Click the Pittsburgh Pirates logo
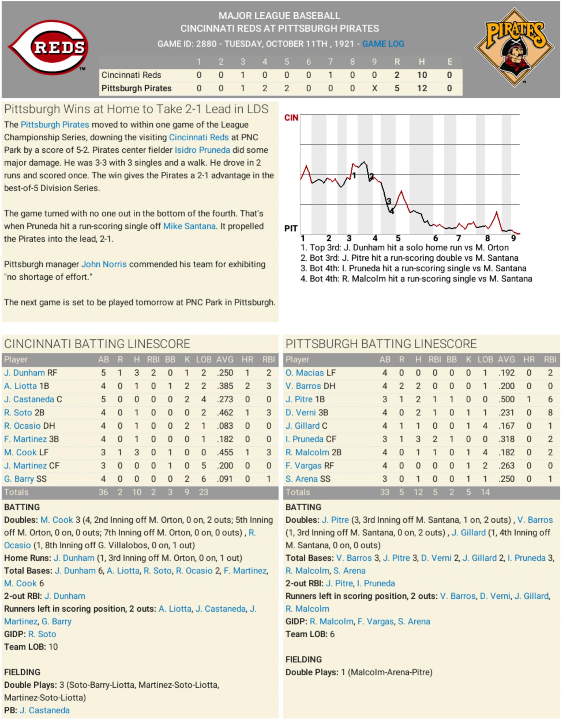(514, 47)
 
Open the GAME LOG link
(383, 44)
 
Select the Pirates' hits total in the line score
(422, 88)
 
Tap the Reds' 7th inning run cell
(330, 75)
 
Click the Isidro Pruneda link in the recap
(202, 150)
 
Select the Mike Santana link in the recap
(189, 226)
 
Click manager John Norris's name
(104, 264)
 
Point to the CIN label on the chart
(291, 118)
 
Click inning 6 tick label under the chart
(435, 238)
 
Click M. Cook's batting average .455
(225, 453)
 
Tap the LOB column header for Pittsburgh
(485, 359)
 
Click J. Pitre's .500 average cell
(506, 399)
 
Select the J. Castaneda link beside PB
(44, 710)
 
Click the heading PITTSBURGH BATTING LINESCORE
(381, 344)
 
